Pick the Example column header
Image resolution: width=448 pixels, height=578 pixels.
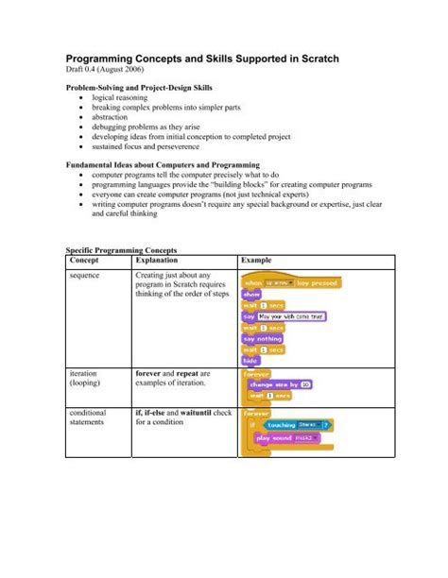point(258,260)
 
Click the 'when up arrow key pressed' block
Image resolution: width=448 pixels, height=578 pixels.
point(289,281)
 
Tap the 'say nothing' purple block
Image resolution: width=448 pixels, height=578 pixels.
point(264,337)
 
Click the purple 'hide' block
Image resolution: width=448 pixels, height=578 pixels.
point(251,362)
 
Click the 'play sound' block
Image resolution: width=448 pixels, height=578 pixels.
point(287,437)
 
